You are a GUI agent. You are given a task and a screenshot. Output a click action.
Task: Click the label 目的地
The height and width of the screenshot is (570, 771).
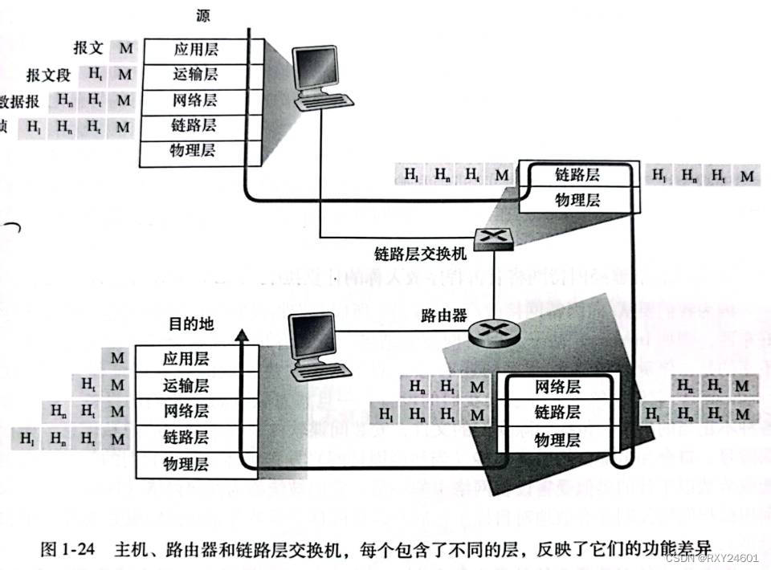tap(191, 325)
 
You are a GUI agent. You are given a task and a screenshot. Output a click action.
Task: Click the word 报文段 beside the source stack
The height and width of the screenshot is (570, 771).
tap(48, 75)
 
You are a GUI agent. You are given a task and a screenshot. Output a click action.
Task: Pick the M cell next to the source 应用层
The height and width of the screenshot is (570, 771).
tap(124, 50)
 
